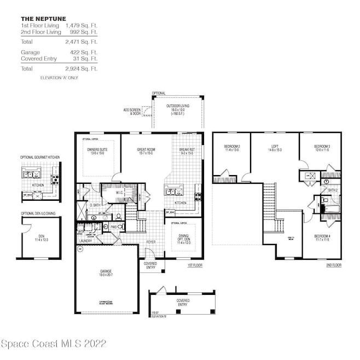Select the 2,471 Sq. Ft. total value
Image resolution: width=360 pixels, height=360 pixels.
(x=81, y=41)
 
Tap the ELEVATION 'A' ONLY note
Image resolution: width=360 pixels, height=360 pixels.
(x=59, y=78)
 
